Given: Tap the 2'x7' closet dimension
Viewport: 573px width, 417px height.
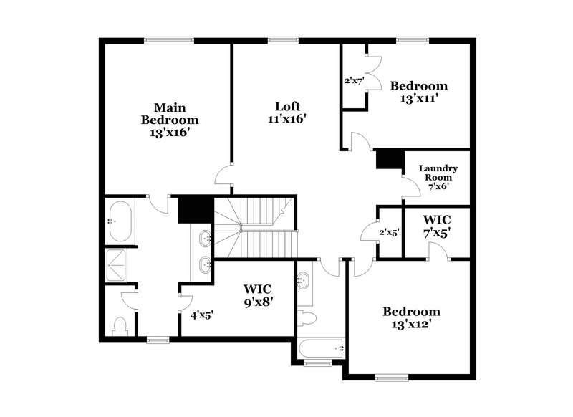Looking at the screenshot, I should click(355, 82).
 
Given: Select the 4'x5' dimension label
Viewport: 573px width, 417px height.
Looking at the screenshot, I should click(201, 315).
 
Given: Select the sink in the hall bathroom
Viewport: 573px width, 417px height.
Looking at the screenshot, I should click(304, 280).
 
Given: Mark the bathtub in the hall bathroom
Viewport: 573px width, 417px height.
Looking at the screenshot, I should click(320, 349).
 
